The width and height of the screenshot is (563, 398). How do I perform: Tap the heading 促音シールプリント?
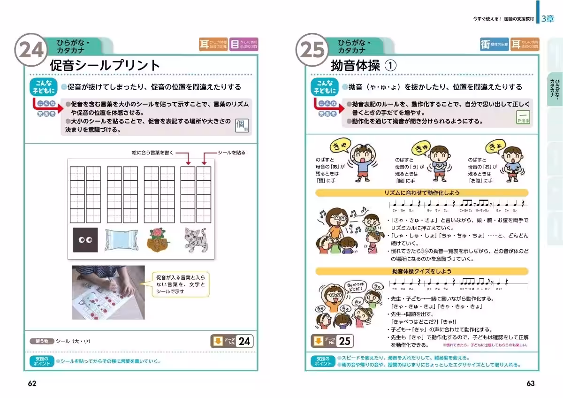[105, 65]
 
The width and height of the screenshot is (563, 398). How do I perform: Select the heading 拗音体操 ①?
[364, 65]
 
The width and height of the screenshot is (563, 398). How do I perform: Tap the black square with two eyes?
[85, 240]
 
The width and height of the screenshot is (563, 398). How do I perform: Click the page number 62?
[32, 383]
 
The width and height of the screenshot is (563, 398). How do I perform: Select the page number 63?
[530, 383]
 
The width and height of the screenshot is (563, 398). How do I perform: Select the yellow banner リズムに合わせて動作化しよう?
[422, 193]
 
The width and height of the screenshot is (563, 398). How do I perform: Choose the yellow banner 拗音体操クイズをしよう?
[422, 271]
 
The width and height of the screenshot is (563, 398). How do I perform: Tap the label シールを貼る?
[231, 153]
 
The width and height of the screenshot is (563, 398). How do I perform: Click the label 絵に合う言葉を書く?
[153, 153]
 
